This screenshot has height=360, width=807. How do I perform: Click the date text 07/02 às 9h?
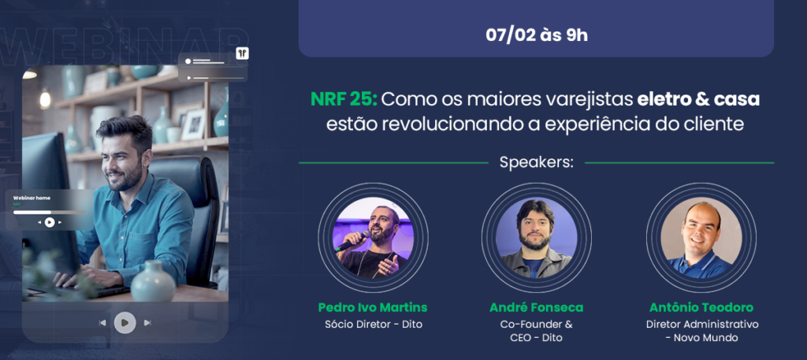536,35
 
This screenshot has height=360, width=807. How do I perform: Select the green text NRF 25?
344,99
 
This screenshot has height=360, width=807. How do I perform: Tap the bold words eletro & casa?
698,99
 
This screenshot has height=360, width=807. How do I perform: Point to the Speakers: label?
536,162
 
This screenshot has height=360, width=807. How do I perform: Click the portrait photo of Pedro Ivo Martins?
373,238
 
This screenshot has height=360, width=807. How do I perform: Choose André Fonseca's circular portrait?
536,238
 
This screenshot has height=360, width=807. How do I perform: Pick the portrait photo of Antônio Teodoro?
701,238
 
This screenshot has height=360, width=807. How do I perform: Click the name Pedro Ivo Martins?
373,307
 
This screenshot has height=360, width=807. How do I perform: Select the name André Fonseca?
536,307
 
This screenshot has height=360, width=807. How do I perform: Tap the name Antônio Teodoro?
701,307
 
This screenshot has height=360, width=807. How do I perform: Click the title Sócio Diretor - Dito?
374,325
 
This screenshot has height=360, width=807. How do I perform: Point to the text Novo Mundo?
705,338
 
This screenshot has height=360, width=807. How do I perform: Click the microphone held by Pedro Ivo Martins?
352,241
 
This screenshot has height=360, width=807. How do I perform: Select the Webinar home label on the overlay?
32,198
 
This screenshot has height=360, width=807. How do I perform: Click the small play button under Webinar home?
50,222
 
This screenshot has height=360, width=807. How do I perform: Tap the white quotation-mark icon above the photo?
243,53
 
